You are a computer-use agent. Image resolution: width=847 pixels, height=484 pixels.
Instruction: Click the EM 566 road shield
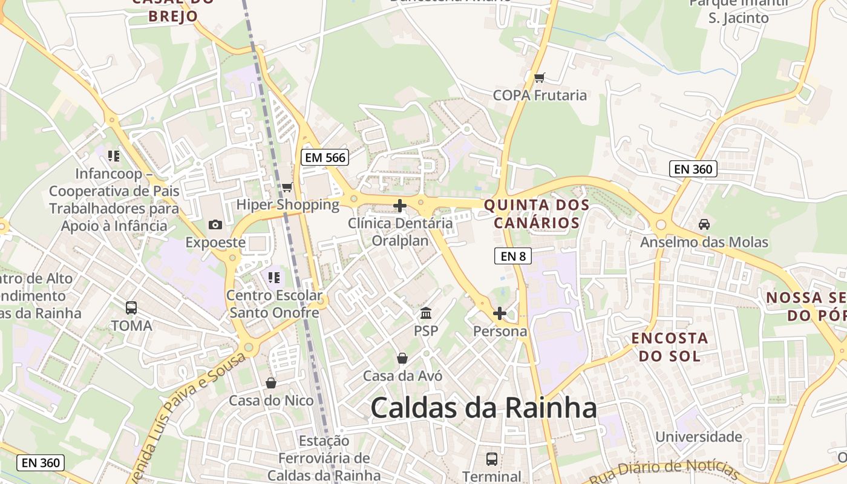325,158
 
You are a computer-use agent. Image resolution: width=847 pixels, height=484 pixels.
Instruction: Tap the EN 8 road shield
512,256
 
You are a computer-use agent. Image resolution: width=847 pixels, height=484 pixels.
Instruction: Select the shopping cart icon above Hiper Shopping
287,187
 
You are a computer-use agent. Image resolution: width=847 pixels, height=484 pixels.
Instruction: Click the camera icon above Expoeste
215,225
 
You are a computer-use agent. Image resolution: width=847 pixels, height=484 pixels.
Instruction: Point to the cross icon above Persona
499,313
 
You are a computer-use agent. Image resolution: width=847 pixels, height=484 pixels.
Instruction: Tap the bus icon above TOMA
131,307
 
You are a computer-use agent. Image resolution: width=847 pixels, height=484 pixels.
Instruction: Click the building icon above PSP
426,313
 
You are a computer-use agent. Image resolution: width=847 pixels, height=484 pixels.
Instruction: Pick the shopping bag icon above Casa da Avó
402,358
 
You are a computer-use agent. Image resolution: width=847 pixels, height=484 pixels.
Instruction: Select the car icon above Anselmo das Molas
704,224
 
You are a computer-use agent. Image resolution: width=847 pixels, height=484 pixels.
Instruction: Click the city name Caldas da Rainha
483,408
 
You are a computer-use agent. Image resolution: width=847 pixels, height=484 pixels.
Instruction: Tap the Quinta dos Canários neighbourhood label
537,214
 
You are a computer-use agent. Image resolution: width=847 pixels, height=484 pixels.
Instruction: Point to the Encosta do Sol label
670,347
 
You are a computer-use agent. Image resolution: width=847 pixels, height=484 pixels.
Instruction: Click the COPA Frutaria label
540,95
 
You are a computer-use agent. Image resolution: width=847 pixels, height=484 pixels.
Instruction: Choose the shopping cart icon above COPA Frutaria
540,77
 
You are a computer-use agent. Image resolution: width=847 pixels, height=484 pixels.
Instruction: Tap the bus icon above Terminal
492,459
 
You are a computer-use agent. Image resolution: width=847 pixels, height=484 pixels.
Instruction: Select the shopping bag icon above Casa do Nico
271,383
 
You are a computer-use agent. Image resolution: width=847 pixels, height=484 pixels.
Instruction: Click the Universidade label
699,436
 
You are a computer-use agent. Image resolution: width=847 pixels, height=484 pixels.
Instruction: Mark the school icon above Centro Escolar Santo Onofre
274,278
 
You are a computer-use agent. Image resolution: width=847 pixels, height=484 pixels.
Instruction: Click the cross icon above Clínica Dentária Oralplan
400,206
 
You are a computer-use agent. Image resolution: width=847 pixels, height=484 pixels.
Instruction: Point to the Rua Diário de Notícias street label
672,469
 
